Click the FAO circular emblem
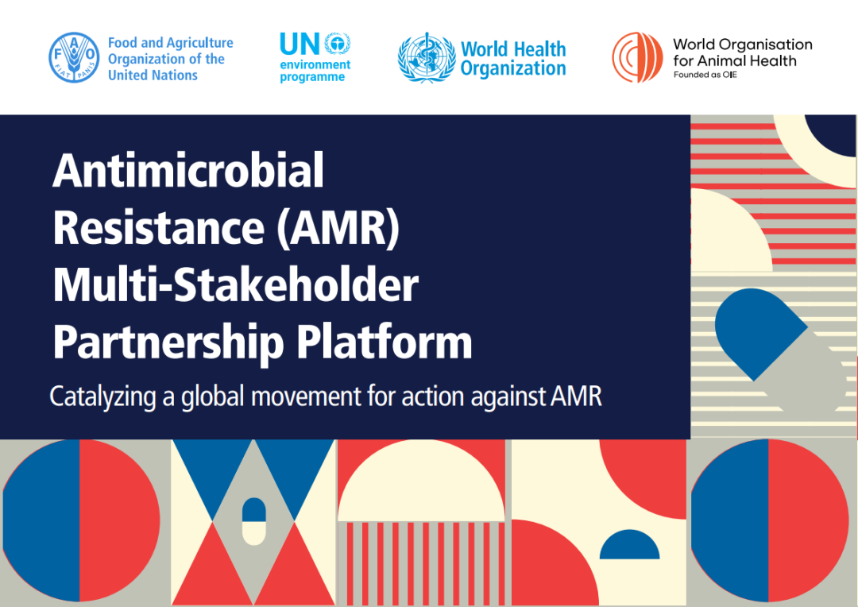[74, 57]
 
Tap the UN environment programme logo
[315, 57]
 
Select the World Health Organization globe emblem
[427, 57]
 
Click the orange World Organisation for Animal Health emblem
[637, 57]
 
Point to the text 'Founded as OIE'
[705, 75]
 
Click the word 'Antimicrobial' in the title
[188, 170]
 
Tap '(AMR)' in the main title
[338, 228]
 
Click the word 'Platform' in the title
[385, 342]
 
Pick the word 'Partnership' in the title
[168, 344]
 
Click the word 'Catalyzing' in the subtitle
[102, 396]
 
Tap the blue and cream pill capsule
[254, 522]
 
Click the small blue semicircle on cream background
[630, 545]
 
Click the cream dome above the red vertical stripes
[421, 481]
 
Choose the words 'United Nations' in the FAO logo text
[153, 75]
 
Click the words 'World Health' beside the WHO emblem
[513, 49]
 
